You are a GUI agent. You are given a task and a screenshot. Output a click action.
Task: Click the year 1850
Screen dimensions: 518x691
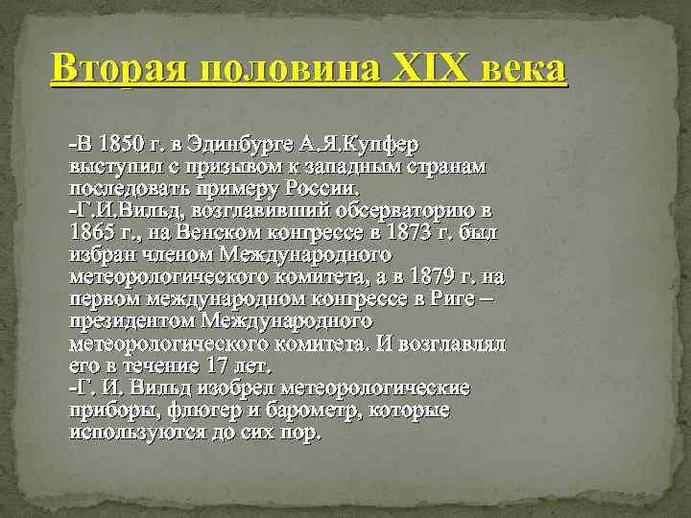click(x=117, y=146)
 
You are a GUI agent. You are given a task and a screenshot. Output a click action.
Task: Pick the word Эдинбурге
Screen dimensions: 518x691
click(x=233, y=146)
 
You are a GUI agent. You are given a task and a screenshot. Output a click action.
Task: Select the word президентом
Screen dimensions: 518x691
click(x=134, y=321)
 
